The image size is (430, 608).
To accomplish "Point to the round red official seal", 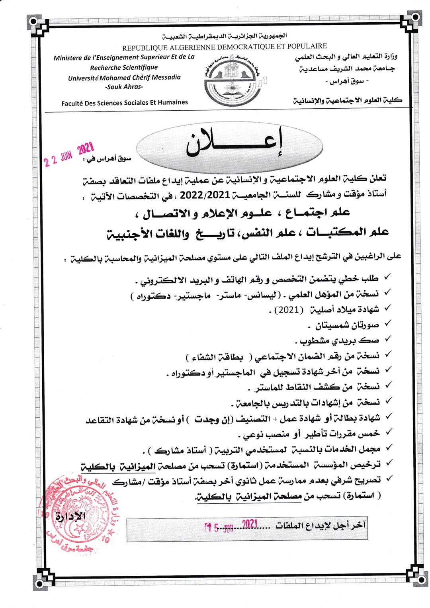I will tap(75, 514).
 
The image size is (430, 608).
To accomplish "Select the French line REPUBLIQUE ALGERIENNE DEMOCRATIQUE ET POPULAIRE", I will tap(224, 47).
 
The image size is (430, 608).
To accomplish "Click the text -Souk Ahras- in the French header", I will tap(124, 87).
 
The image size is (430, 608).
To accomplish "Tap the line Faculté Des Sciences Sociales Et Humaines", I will tap(125, 103).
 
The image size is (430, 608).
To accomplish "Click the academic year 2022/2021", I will tap(205, 195).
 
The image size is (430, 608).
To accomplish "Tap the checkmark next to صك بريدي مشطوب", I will tap(388, 339).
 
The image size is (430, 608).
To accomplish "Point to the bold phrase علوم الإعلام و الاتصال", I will tap(215, 213).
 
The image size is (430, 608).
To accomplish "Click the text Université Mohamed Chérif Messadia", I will tap(124, 77).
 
